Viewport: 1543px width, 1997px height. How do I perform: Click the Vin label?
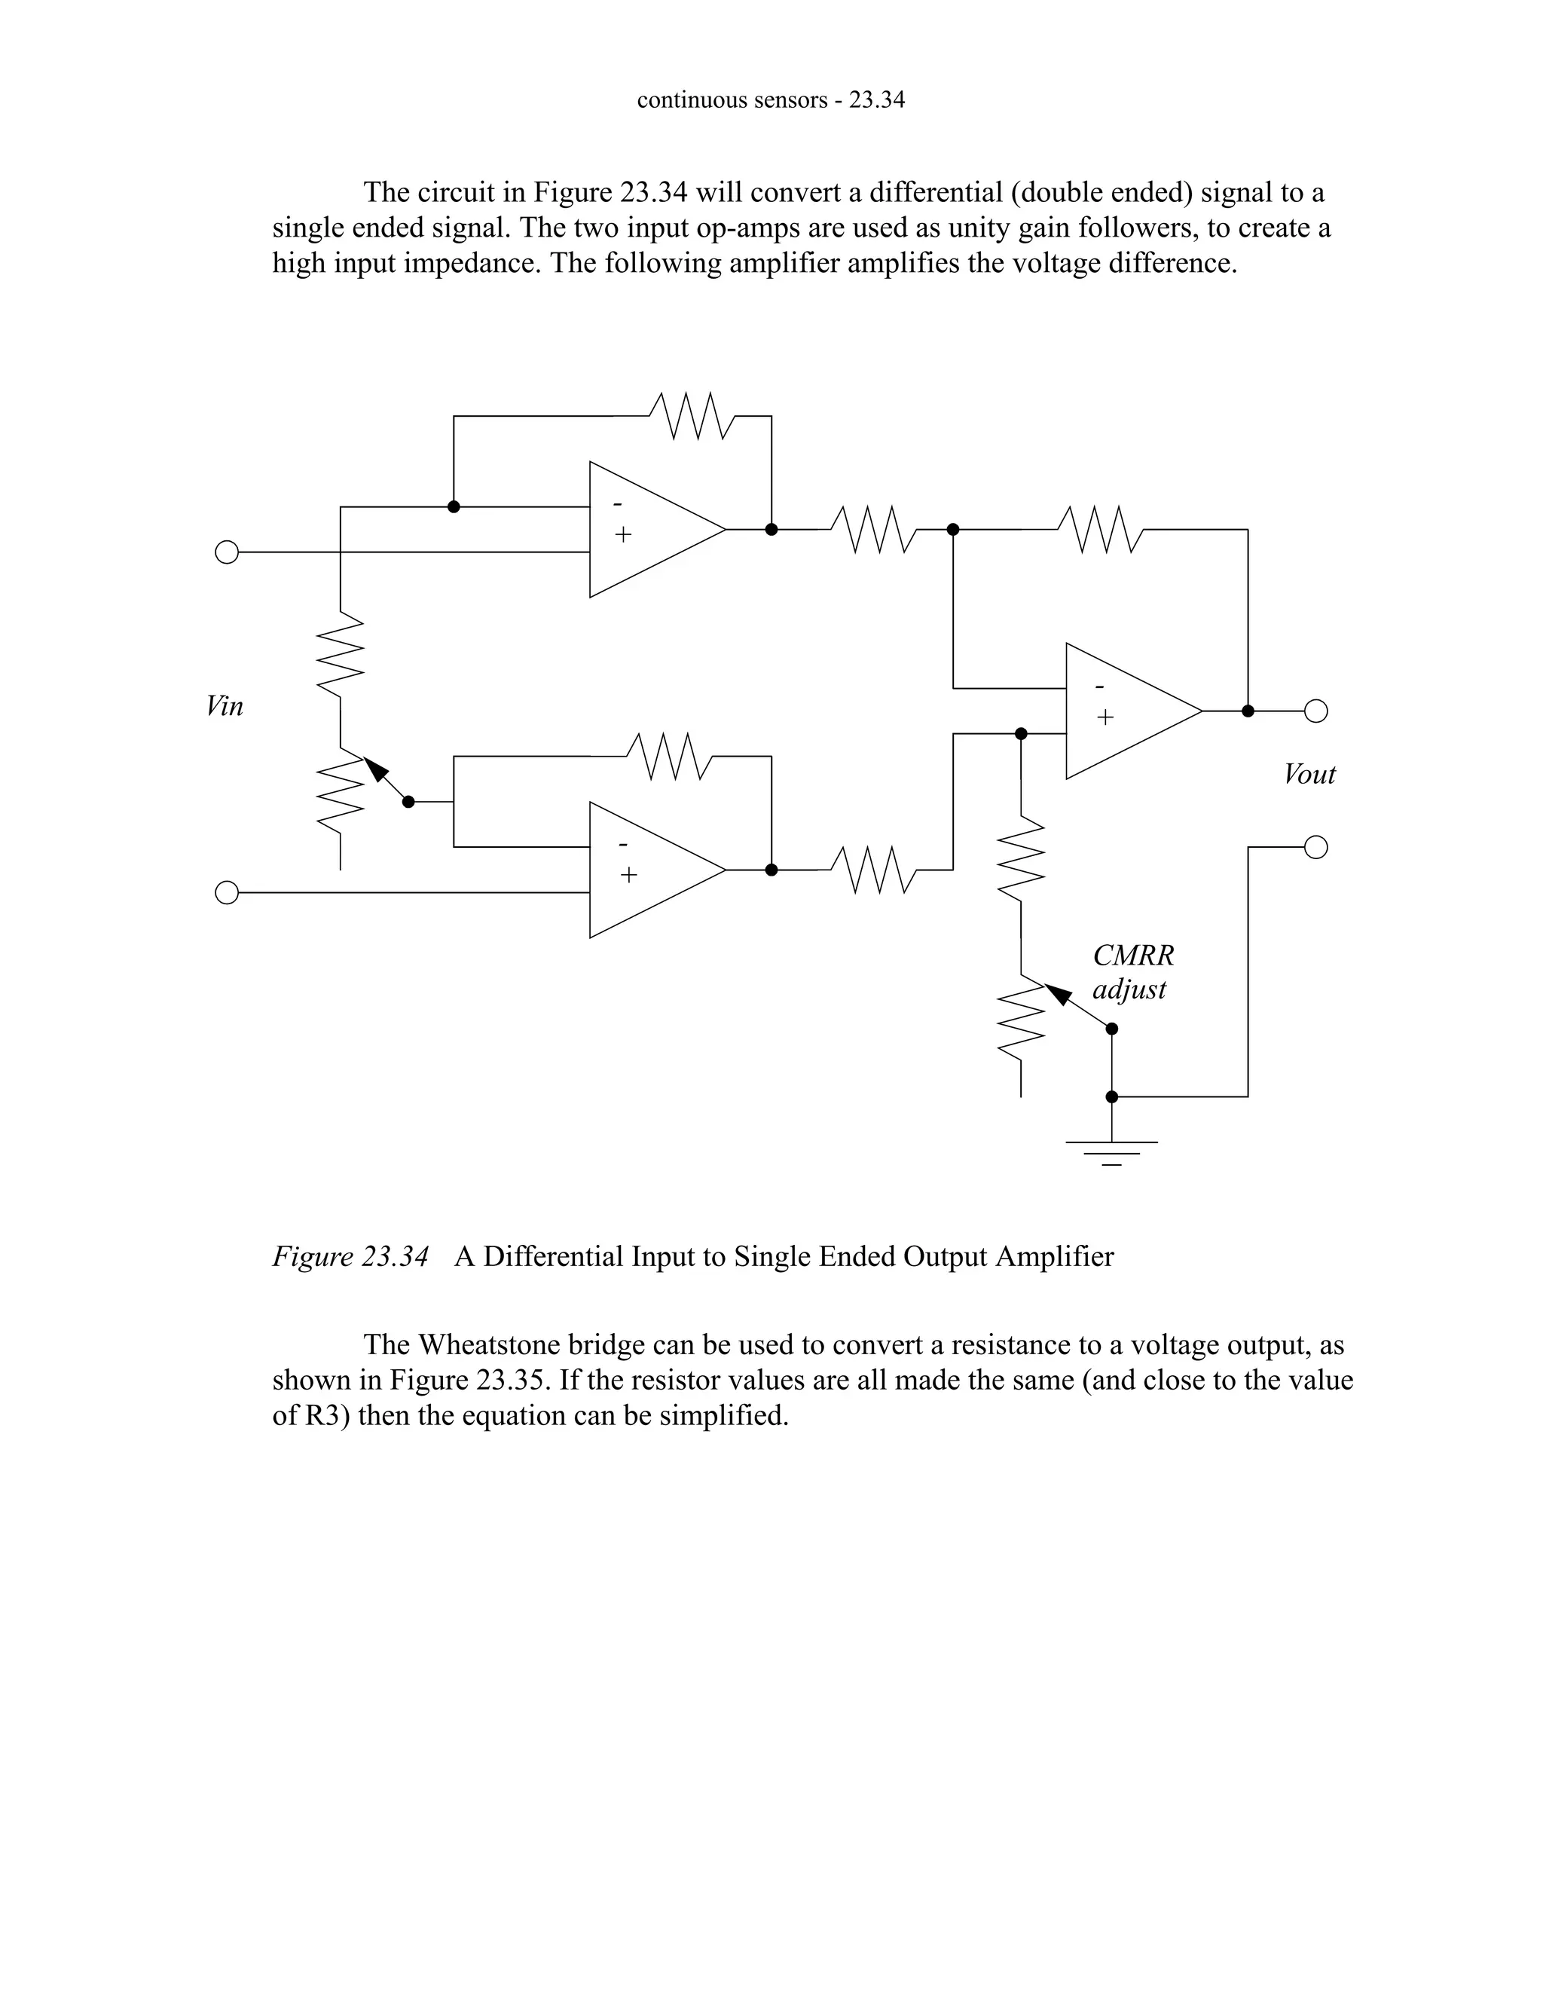click(x=225, y=706)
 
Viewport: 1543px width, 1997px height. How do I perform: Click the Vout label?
click(x=1309, y=775)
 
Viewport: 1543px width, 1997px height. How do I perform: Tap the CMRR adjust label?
click(x=1132, y=972)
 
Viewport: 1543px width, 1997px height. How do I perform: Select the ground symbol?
click(x=1111, y=1152)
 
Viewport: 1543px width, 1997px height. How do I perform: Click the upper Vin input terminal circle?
click(x=227, y=552)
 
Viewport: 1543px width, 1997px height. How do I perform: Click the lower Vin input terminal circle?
click(x=227, y=892)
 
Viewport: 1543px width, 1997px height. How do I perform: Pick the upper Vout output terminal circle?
click(x=1315, y=711)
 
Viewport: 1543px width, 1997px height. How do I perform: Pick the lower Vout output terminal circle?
click(x=1315, y=848)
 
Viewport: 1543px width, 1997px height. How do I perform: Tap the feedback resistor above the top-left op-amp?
click(x=692, y=416)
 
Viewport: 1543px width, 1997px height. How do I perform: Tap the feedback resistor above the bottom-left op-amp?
click(x=669, y=756)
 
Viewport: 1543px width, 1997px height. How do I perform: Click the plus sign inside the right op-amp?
click(x=1105, y=717)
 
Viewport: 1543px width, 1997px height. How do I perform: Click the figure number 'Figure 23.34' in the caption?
click(x=350, y=1256)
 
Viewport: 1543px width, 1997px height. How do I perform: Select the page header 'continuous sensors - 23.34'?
click(x=771, y=99)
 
